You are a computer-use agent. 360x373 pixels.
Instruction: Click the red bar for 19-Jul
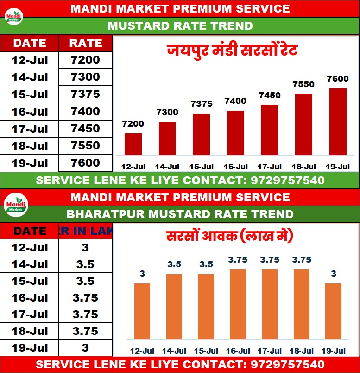338,122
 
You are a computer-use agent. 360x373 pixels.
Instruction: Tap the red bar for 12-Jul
133,144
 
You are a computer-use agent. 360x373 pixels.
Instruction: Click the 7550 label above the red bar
303,84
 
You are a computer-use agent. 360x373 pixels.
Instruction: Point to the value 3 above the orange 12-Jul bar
142,274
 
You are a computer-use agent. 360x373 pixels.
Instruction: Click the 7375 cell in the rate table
85,94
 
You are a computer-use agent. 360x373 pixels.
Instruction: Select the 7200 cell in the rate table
85,60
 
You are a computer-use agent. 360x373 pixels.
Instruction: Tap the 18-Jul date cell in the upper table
30,146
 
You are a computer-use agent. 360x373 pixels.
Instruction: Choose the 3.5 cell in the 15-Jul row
85,281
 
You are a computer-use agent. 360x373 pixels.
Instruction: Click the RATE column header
85,43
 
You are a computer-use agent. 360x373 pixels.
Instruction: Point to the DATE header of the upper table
30,43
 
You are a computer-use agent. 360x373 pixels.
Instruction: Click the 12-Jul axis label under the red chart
133,167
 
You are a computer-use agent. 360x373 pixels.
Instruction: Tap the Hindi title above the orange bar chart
230,237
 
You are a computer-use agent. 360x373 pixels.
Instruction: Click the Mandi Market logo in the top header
13,17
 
